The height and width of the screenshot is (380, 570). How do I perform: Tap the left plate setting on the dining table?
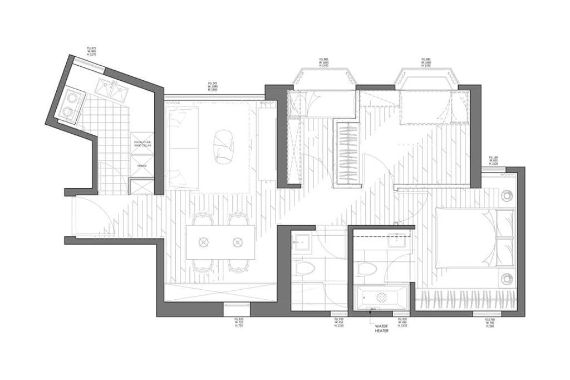[x=204, y=242]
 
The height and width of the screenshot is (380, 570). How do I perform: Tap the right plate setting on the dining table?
[x=238, y=242]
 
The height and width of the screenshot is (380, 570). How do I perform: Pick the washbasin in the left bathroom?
[x=303, y=241]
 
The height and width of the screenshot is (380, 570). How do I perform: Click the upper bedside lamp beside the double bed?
[x=507, y=196]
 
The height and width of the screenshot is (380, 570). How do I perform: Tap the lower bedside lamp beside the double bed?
[x=507, y=278]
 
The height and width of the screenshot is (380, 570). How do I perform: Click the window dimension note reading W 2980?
[x=212, y=86]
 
